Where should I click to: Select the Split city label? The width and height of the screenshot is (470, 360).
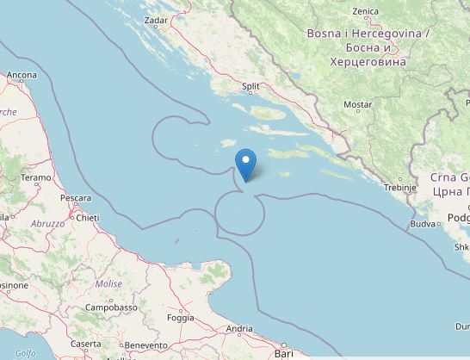250,86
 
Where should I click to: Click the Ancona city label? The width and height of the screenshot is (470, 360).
22,76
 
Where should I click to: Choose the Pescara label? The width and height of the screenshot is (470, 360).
76,198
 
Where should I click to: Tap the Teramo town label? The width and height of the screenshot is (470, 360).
37,177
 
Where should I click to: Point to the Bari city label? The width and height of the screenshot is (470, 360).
284,353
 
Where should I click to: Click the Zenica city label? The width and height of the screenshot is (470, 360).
365,11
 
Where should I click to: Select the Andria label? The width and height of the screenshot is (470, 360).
238,328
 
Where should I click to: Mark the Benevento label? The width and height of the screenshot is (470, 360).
145,344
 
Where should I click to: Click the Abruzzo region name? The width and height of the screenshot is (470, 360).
49,223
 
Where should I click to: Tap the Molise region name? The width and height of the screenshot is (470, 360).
108,283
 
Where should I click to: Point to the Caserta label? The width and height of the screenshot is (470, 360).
86,344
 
